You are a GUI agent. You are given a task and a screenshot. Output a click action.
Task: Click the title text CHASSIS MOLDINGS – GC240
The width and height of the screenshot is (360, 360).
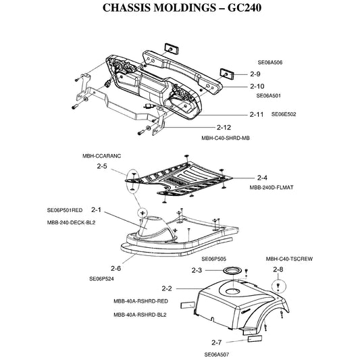pos(182,7)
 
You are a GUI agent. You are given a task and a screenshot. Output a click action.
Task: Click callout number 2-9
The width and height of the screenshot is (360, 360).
pos(255,74)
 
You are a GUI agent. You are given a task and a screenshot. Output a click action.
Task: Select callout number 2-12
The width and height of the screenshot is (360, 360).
pos(224,127)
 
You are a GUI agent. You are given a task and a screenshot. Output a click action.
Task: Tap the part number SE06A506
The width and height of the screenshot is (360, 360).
pos(269,62)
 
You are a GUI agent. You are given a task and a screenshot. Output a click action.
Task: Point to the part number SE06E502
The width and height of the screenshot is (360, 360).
pos(284,114)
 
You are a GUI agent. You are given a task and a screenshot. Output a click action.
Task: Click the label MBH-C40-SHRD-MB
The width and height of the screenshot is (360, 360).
pos(226,138)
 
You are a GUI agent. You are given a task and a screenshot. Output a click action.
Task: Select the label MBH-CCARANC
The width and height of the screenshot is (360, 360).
pos(101,156)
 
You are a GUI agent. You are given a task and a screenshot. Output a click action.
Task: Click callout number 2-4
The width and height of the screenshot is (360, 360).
pos(262,178)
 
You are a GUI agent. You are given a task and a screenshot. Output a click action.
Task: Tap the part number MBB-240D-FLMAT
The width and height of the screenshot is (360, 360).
pos(272,188)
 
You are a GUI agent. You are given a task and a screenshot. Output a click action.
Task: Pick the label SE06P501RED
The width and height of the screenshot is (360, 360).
pos(65,210)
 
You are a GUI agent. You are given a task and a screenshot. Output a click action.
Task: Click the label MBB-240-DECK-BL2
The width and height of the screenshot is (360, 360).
pos(71,223)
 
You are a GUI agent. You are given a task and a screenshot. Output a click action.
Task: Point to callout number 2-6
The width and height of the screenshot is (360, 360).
pos(115,268)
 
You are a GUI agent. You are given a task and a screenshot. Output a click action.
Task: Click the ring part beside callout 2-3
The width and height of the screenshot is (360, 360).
pos(233,270)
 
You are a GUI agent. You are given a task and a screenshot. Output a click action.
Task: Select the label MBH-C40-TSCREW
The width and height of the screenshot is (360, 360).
pos(289,259)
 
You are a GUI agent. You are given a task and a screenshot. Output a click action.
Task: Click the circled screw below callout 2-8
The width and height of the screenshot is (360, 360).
pos(278,286)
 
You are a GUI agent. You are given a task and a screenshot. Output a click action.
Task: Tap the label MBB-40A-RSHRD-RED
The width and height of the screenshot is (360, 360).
pos(140,301)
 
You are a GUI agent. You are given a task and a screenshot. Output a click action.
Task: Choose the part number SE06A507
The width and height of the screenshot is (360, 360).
pos(217,355)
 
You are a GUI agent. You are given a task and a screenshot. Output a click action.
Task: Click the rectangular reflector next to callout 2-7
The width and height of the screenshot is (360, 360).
pos(255,338)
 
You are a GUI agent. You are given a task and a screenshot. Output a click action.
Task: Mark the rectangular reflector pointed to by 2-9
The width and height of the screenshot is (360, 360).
pos(227,74)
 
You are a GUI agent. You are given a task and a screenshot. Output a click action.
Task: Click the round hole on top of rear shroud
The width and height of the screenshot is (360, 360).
pos(233,292)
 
